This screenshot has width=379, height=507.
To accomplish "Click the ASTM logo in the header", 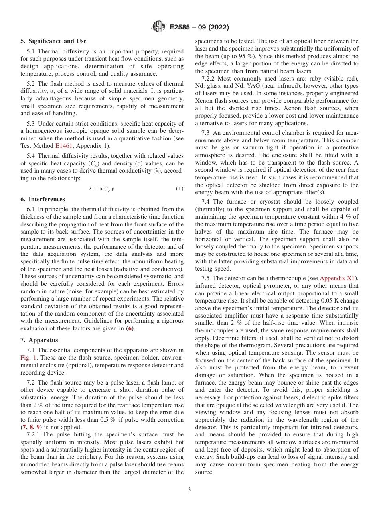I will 159,27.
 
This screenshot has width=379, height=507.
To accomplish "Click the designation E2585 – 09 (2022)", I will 199,28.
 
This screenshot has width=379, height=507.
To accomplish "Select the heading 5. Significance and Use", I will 53,41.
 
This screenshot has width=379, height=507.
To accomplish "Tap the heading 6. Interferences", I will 43,199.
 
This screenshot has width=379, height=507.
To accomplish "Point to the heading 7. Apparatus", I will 39,340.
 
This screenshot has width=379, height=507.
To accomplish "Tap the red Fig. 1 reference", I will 28,358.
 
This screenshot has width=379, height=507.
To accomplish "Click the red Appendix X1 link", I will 339,278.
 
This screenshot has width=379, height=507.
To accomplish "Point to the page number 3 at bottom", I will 189,489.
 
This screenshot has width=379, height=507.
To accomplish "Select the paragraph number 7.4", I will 205,202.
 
